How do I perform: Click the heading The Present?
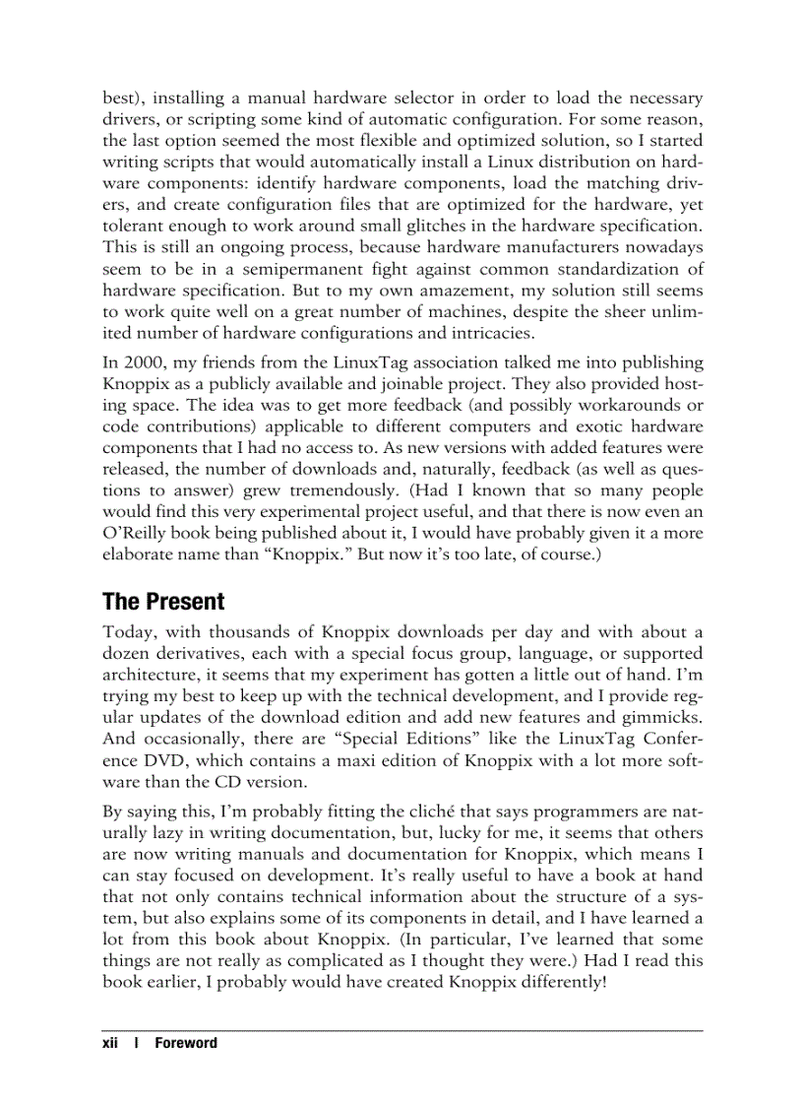pyautogui.click(x=163, y=602)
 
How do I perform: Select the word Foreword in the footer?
pyautogui.click(x=186, y=1043)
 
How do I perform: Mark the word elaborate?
pyautogui.click(x=148, y=555)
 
